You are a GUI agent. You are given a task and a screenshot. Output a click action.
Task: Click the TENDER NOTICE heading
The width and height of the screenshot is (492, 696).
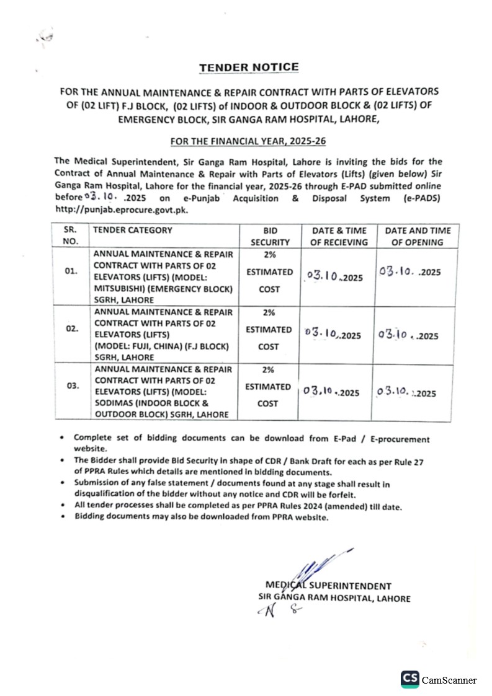coord(249,67)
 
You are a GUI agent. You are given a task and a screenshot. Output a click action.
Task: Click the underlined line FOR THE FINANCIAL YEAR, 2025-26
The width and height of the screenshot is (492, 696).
coord(248,141)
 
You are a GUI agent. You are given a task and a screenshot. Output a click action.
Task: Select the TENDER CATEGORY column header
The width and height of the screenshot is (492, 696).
coord(132,231)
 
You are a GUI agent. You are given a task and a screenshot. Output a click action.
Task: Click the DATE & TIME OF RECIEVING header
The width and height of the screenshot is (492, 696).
coord(339,236)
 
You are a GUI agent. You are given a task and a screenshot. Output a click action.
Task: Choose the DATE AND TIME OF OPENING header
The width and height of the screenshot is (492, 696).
coord(418,236)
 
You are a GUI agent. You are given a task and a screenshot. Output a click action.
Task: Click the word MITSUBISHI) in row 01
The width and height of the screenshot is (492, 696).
coord(121,289)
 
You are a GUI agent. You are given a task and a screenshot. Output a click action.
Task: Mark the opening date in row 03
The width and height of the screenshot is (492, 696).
coord(407,392)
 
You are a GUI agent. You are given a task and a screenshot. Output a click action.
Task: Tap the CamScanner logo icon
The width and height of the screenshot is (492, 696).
coord(409,679)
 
